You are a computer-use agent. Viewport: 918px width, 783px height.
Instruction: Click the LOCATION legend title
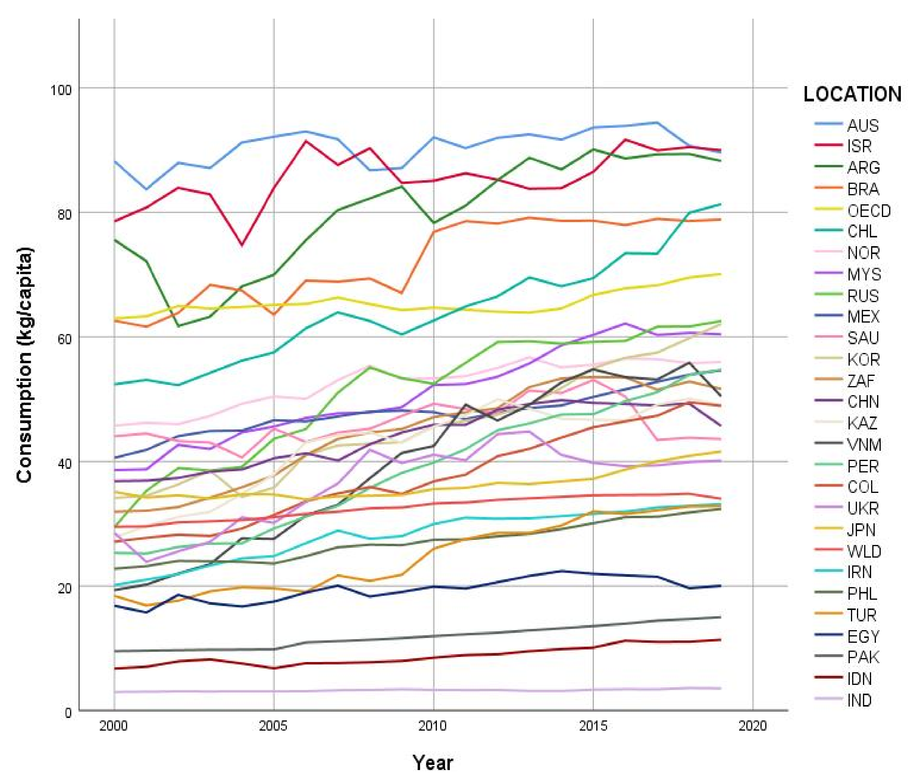(x=852, y=95)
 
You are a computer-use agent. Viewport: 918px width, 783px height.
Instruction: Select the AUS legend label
(x=863, y=125)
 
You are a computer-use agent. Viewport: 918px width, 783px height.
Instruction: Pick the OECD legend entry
(x=869, y=211)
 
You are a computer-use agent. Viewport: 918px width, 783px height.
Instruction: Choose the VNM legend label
(x=864, y=445)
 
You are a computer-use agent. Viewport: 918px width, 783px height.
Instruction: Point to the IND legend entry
(x=860, y=701)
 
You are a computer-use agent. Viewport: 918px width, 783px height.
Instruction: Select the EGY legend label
(x=863, y=637)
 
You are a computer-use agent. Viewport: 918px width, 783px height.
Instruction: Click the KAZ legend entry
(x=862, y=423)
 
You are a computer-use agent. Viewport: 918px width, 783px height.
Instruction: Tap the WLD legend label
(x=864, y=552)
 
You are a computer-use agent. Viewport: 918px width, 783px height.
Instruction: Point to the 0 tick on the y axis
(x=68, y=713)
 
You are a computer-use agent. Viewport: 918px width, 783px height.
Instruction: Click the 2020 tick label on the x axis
(x=753, y=726)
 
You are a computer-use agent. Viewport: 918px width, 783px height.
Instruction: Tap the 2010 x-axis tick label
(x=433, y=726)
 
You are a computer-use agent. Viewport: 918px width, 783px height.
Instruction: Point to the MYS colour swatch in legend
(x=827, y=274)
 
